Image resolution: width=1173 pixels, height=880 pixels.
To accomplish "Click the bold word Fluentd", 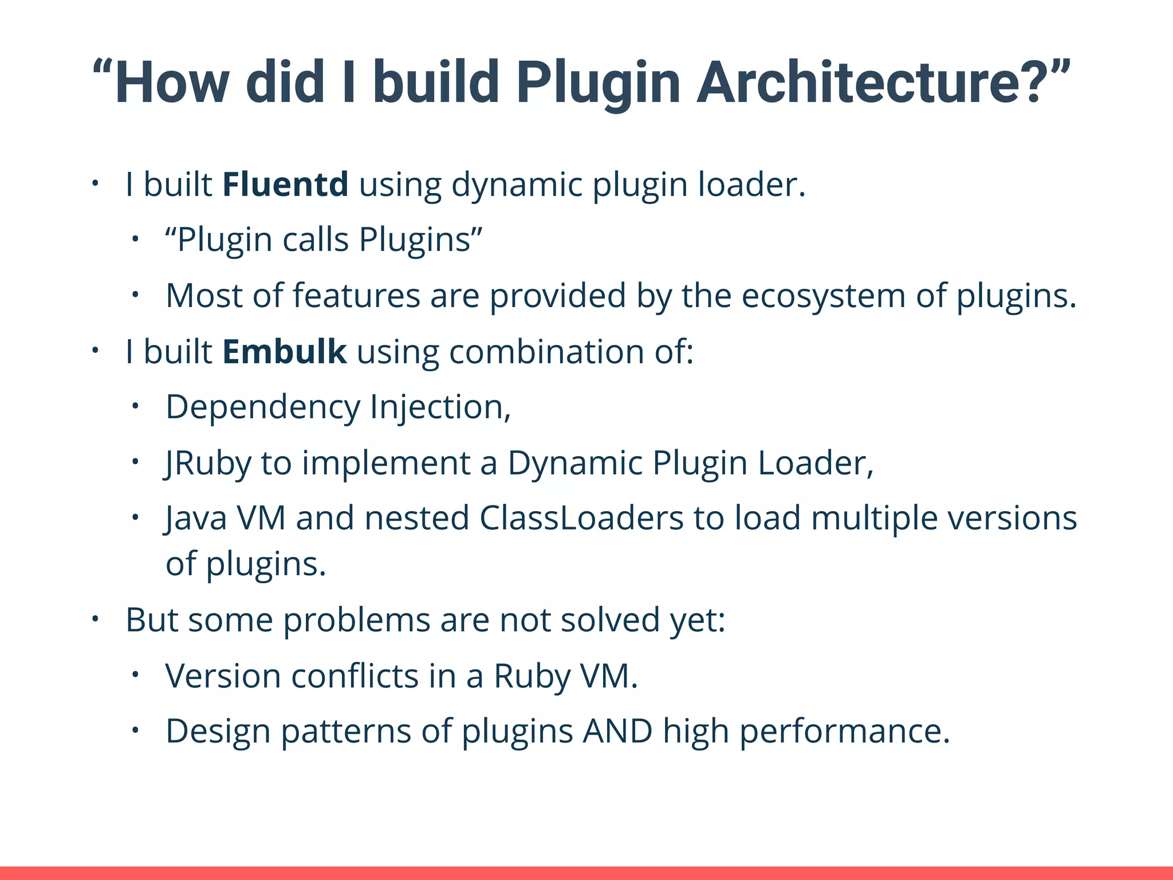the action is [x=285, y=184].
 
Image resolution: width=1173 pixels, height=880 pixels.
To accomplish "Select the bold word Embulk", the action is [x=284, y=352].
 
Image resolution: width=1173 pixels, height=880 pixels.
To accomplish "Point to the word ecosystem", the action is [x=823, y=296].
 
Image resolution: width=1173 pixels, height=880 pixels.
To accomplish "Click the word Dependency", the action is [x=262, y=408].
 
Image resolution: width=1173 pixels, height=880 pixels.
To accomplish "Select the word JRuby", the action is [x=207, y=463].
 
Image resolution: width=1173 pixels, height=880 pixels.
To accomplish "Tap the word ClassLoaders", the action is [x=581, y=518].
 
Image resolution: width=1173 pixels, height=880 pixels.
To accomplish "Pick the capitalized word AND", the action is [x=617, y=732].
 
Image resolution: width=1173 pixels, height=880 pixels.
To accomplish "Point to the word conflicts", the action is [x=355, y=676].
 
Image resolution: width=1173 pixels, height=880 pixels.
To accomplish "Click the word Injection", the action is [x=440, y=408].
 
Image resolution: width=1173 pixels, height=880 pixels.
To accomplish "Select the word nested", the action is [x=417, y=518].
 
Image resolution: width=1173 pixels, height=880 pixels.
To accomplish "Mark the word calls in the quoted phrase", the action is [x=316, y=239].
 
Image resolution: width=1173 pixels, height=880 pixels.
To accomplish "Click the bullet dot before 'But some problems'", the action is [x=95, y=619].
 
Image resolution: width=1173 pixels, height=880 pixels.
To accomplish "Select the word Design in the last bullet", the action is [x=218, y=732].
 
